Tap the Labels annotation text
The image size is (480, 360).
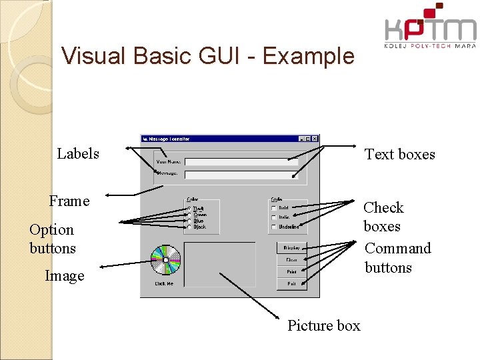coord(78,154)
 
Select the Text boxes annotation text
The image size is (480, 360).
coord(399,155)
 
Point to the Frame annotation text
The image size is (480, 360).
coord(69,201)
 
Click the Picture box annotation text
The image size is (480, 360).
coord(323,326)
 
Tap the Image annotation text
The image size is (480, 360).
coord(65,276)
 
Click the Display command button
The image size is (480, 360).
coord(292,248)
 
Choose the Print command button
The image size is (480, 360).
coord(292,272)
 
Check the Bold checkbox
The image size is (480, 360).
coord(274,208)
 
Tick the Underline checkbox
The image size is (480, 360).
coord(274,227)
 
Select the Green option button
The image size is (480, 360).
coord(190,215)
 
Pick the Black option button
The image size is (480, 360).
coord(190,227)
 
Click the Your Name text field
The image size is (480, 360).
coord(241,161)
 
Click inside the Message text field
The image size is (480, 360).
coord(241,175)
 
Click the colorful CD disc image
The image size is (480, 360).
coord(165,260)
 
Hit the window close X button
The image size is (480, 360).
coord(315,139)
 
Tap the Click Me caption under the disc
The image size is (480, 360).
coord(165,283)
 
